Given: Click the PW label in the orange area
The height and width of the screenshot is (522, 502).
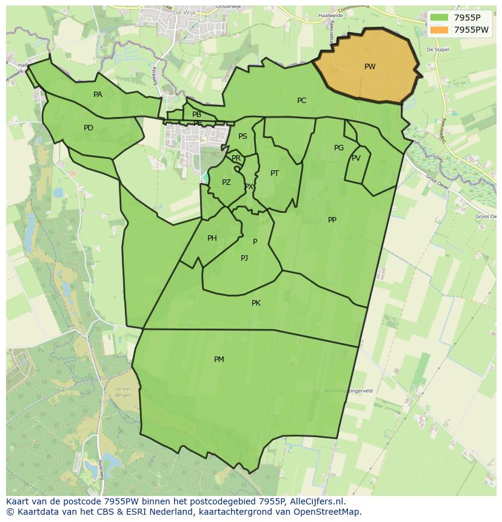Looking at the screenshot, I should tap(370, 67).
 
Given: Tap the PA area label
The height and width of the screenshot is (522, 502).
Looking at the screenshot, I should tap(98, 95).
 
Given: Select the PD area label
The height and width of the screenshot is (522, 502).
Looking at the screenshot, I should tap(89, 128).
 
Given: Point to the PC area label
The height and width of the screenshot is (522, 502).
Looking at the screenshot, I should tap(301, 101).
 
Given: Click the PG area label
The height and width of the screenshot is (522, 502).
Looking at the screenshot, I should tap(339, 148).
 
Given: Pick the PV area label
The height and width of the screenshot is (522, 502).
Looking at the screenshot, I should tap(356, 158).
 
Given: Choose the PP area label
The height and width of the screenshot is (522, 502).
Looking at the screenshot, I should tap(332, 220).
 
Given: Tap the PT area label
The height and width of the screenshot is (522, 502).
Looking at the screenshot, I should tap(275, 173).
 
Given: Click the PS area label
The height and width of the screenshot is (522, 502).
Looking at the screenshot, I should tap(243, 136).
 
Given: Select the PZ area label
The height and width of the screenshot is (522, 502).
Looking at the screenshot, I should tap(226, 182).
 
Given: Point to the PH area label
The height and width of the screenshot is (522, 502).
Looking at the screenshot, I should tap(212, 238).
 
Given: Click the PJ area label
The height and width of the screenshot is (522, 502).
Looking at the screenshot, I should tap(244, 258).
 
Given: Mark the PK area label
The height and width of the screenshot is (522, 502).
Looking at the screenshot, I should tap(256, 303).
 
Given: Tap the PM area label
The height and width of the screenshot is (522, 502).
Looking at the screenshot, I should tap(219, 360).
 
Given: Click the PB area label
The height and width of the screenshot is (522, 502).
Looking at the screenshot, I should tap(196, 115).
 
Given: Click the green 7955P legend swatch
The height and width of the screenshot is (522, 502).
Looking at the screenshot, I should tap(440, 18).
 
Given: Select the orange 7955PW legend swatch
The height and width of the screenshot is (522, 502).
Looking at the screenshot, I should tap(440, 30).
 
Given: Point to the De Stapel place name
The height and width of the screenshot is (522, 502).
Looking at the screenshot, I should tap(437, 50).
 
